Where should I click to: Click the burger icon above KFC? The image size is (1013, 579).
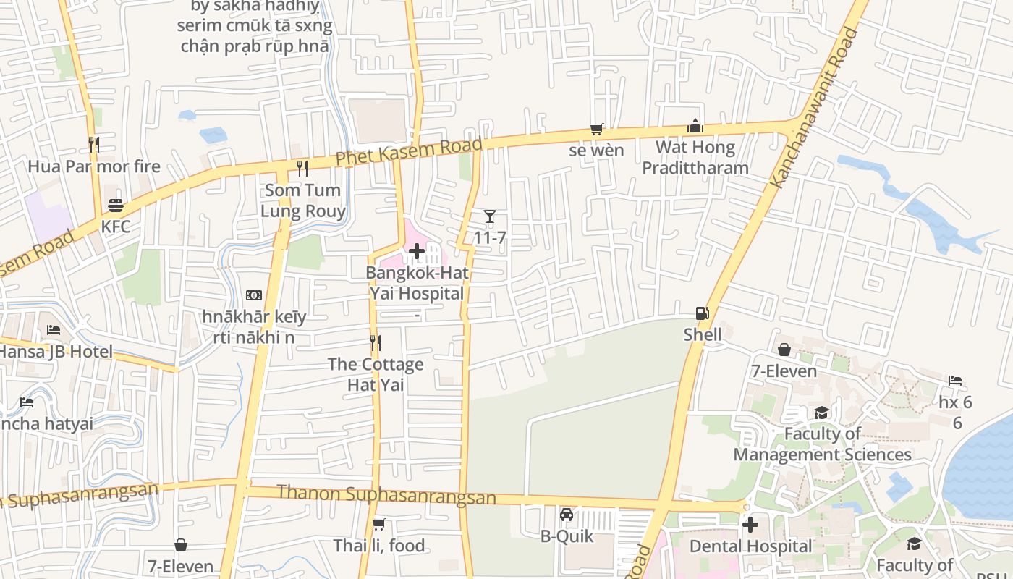tap(115, 205)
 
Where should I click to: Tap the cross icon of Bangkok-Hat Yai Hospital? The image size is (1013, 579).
tap(417, 251)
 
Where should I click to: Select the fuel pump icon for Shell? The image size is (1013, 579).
tap(702, 313)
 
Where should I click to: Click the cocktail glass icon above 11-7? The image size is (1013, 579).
tap(490, 216)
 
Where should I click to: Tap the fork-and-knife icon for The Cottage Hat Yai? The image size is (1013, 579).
tap(375, 342)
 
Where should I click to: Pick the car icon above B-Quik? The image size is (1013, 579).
tap(567, 515)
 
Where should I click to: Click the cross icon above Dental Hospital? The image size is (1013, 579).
tap(750, 525)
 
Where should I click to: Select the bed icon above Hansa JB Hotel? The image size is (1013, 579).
tap(54, 330)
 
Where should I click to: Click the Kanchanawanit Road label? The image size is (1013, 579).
tap(814, 109)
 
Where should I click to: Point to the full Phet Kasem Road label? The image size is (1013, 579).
tap(409, 153)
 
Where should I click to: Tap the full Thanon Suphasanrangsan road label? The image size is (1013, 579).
tap(386, 494)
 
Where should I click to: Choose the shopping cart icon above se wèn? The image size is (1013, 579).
tap(596, 129)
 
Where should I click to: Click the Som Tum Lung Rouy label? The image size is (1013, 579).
tap(303, 200)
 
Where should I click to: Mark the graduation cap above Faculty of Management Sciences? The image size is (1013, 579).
tap(821, 413)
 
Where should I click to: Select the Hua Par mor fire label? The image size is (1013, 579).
tap(94, 166)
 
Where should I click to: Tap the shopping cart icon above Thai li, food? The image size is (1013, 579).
tap(378, 524)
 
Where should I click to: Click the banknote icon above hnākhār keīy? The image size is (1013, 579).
tap(254, 295)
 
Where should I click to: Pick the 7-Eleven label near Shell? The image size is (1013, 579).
tap(784, 371)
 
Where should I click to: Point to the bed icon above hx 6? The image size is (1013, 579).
tap(955, 381)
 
